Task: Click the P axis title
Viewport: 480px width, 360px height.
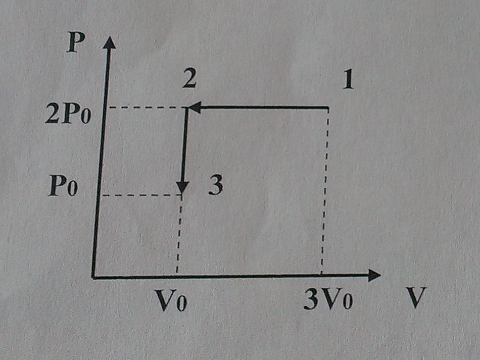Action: (x=76, y=42)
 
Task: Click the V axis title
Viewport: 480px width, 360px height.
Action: (x=416, y=297)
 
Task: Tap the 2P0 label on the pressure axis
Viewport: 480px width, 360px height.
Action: (x=68, y=113)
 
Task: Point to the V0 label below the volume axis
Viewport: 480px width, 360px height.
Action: (x=171, y=300)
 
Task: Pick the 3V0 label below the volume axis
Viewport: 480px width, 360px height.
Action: (x=328, y=298)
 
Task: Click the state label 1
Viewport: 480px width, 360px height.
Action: (x=348, y=80)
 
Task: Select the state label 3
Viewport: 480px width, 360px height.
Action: (x=215, y=185)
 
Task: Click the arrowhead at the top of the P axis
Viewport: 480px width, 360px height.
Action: (x=109, y=42)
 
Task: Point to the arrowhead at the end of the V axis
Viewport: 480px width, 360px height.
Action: (x=374, y=275)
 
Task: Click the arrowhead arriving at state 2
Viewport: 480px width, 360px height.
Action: (x=194, y=108)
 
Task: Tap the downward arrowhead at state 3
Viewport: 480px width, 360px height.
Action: (x=182, y=187)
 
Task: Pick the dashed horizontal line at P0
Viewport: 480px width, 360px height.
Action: (x=140, y=195)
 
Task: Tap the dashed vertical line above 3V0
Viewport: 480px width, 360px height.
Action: (x=325, y=192)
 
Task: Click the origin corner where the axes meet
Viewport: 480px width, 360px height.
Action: (x=93, y=277)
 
